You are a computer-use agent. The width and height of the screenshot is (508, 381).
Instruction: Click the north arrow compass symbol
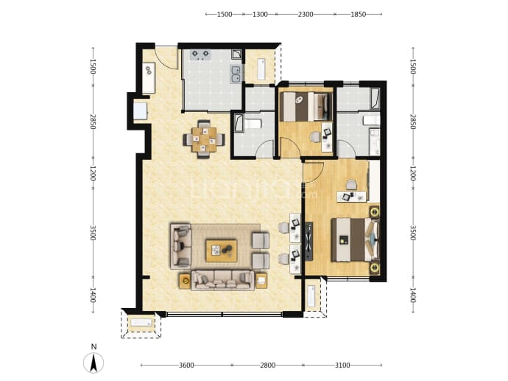(x=94, y=362)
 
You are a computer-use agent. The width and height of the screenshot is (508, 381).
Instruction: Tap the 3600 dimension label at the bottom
(x=186, y=366)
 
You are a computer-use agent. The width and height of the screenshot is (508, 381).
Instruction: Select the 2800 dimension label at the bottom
(x=267, y=366)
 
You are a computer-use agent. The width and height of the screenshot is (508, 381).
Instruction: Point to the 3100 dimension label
(x=342, y=366)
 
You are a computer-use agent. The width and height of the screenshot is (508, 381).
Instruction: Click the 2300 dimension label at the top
(x=306, y=14)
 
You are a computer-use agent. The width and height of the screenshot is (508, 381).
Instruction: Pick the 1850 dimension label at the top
(x=359, y=14)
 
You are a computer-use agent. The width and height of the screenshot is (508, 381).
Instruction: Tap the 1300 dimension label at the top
(x=260, y=14)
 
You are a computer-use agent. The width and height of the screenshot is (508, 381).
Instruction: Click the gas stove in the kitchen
(x=200, y=55)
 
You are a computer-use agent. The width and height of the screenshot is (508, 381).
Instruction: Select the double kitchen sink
(x=236, y=74)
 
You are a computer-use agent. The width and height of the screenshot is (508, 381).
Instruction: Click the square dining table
(x=204, y=139)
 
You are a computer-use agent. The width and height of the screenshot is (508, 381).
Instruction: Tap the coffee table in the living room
(x=222, y=251)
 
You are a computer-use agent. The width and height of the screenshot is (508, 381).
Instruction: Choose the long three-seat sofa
(x=222, y=281)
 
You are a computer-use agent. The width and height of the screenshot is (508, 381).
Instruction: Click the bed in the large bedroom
(x=355, y=240)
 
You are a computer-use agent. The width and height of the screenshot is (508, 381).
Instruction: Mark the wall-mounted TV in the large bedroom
(x=309, y=241)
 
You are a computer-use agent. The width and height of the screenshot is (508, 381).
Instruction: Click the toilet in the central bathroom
(x=253, y=124)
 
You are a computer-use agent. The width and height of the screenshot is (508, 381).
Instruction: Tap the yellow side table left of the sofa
(x=185, y=281)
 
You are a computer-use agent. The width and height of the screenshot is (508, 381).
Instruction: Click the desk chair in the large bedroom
(x=351, y=186)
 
